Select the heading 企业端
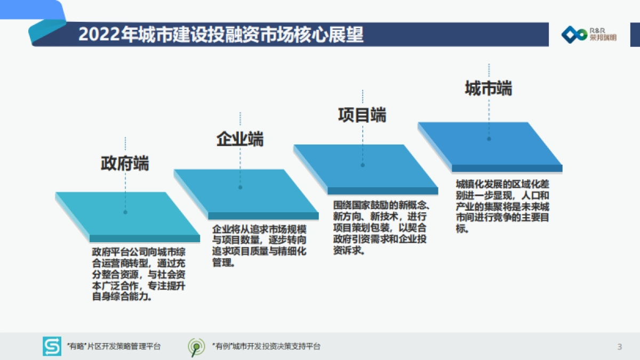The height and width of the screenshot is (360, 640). (240, 139)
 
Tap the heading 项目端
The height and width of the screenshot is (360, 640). (362, 115)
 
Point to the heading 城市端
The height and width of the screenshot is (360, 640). (488, 88)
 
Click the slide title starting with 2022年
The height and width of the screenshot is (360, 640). (221, 35)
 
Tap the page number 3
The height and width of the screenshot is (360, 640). (619, 347)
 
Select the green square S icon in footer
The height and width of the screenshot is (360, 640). (52, 347)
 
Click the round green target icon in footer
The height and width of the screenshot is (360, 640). (196, 347)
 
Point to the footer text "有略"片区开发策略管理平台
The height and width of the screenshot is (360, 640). (114, 347)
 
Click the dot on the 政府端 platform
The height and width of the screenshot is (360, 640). (125, 212)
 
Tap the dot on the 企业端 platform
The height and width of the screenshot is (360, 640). (240, 187)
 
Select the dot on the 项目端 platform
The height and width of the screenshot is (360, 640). (363, 165)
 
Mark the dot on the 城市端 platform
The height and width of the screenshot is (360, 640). (489, 139)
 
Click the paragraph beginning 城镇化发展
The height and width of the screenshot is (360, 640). (502, 206)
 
